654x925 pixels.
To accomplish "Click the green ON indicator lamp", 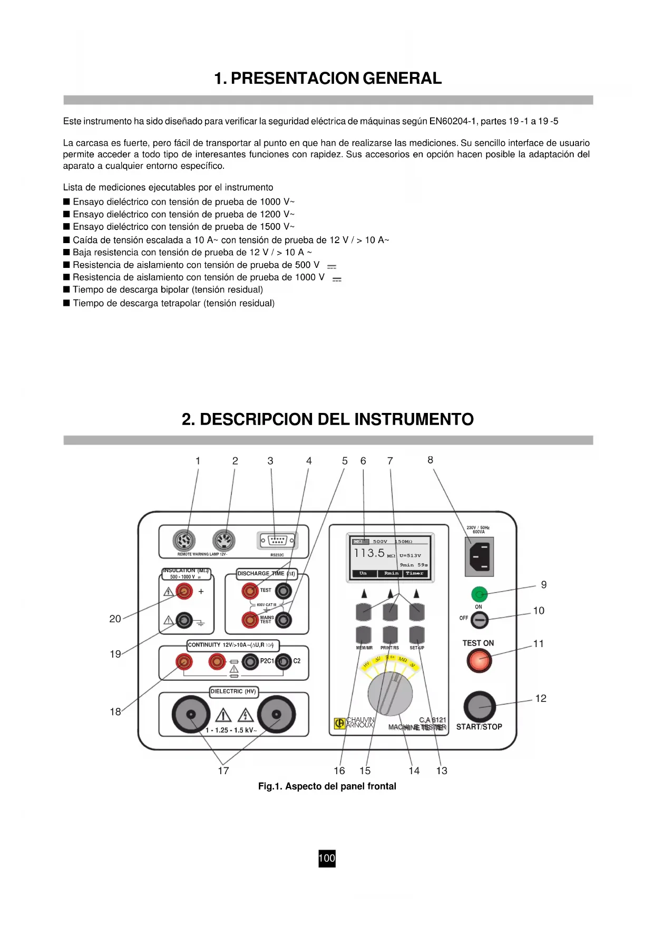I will (x=479, y=594).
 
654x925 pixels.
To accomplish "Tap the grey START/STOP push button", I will (x=480, y=706).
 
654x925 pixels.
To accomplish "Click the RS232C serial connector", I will (x=277, y=541).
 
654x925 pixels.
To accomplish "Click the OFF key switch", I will (x=480, y=621).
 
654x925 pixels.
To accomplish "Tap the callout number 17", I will (x=223, y=770).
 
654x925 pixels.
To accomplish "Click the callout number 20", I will (x=115, y=619).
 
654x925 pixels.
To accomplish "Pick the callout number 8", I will (x=430, y=460).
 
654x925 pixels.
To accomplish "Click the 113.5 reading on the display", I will (x=369, y=553).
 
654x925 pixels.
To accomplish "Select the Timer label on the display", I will (x=414, y=573).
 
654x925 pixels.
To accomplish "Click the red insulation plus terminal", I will (x=184, y=592).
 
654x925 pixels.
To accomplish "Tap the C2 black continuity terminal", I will (x=284, y=661).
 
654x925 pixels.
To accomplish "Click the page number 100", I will (x=327, y=858).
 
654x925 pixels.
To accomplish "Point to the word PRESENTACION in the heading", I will (x=295, y=79).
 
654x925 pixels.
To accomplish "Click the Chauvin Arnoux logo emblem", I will (x=340, y=724).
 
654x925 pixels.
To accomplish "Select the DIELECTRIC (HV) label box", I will (x=233, y=691).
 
